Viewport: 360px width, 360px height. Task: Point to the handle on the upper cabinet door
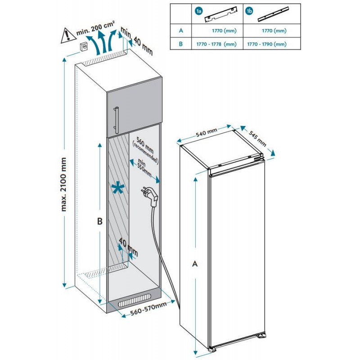coord(117,119)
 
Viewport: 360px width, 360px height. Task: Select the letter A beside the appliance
coord(195,264)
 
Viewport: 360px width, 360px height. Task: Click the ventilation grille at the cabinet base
coord(135,300)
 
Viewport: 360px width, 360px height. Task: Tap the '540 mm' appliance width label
coord(207,133)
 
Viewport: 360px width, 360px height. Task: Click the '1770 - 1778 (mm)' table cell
coord(217,44)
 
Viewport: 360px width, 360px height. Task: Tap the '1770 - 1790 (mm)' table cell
coord(267,44)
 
